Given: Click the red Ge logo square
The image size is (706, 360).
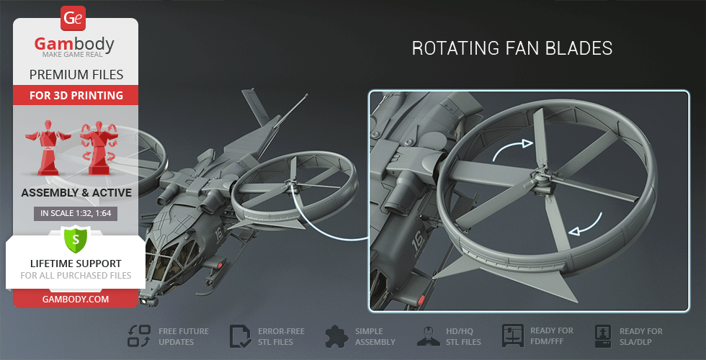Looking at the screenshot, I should click(x=73, y=18).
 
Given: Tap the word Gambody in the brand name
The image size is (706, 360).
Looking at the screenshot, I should click(x=74, y=45).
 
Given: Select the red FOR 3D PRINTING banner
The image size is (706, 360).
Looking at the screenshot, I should click(x=76, y=95).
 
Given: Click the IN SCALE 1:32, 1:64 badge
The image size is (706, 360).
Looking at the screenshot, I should click(x=76, y=213).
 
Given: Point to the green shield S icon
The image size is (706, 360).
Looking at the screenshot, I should click(x=75, y=238).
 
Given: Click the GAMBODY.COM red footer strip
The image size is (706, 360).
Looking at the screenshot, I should click(x=76, y=297).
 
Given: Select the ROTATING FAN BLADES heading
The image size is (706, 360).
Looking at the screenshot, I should click(x=512, y=48).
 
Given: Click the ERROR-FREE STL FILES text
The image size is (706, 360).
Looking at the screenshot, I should click(x=281, y=336).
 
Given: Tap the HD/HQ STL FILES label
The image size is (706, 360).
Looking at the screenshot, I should click(x=462, y=336).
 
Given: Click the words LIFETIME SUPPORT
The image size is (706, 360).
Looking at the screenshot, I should click(x=76, y=264).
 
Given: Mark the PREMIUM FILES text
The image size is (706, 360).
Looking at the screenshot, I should click(x=76, y=74).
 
